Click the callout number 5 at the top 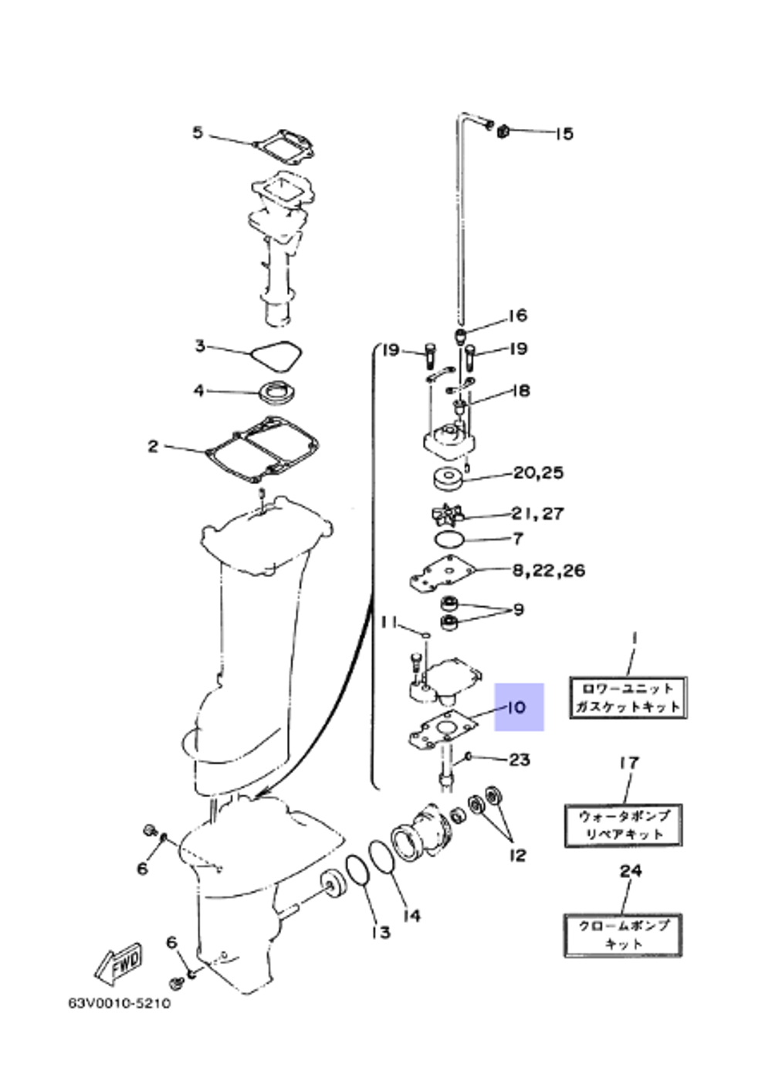tap(198, 133)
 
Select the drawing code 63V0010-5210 tap(120, 1004)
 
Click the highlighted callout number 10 tap(518, 707)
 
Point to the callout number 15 tap(564, 134)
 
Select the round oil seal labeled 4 tap(276, 392)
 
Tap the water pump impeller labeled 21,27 tap(447, 514)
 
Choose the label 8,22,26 tap(549, 571)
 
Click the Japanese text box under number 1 tap(627, 697)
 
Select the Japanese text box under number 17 tap(624, 825)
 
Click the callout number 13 tap(381, 932)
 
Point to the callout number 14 tap(412, 915)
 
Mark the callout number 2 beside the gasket tap(153, 446)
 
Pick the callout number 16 tap(517, 315)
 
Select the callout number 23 tap(520, 759)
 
